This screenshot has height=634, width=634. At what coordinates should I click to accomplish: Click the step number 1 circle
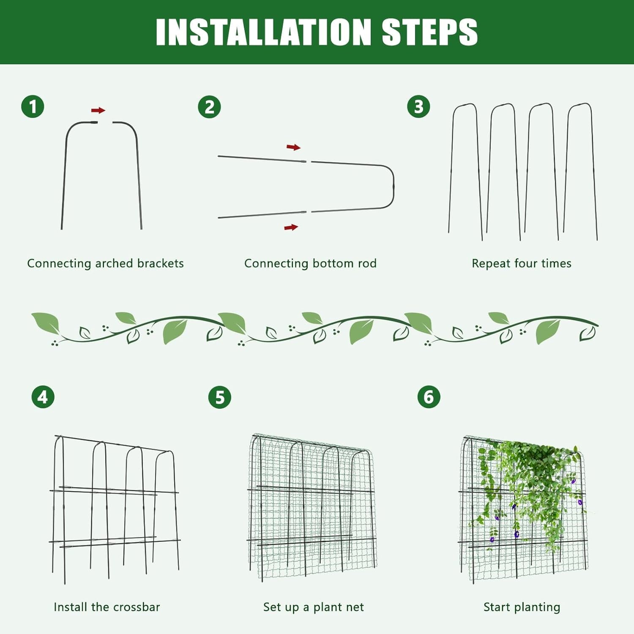click(33, 107)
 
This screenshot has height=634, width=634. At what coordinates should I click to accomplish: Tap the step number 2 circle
click(209, 107)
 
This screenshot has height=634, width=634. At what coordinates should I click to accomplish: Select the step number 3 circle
click(418, 107)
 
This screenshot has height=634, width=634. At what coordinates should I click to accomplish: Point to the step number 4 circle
click(43, 397)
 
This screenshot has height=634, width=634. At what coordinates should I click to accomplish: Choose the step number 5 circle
click(220, 397)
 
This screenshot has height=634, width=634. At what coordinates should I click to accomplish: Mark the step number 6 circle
click(429, 397)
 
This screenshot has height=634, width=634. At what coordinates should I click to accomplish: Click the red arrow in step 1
click(98, 110)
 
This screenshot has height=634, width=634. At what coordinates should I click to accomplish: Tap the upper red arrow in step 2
click(294, 147)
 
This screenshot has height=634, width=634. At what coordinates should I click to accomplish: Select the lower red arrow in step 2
click(291, 227)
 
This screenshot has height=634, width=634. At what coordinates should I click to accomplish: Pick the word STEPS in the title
click(430, 32)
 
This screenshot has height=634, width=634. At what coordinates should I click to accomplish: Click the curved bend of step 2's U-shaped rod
click(393, 186)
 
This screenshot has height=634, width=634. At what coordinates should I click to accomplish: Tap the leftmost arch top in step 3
click(465, 104)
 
